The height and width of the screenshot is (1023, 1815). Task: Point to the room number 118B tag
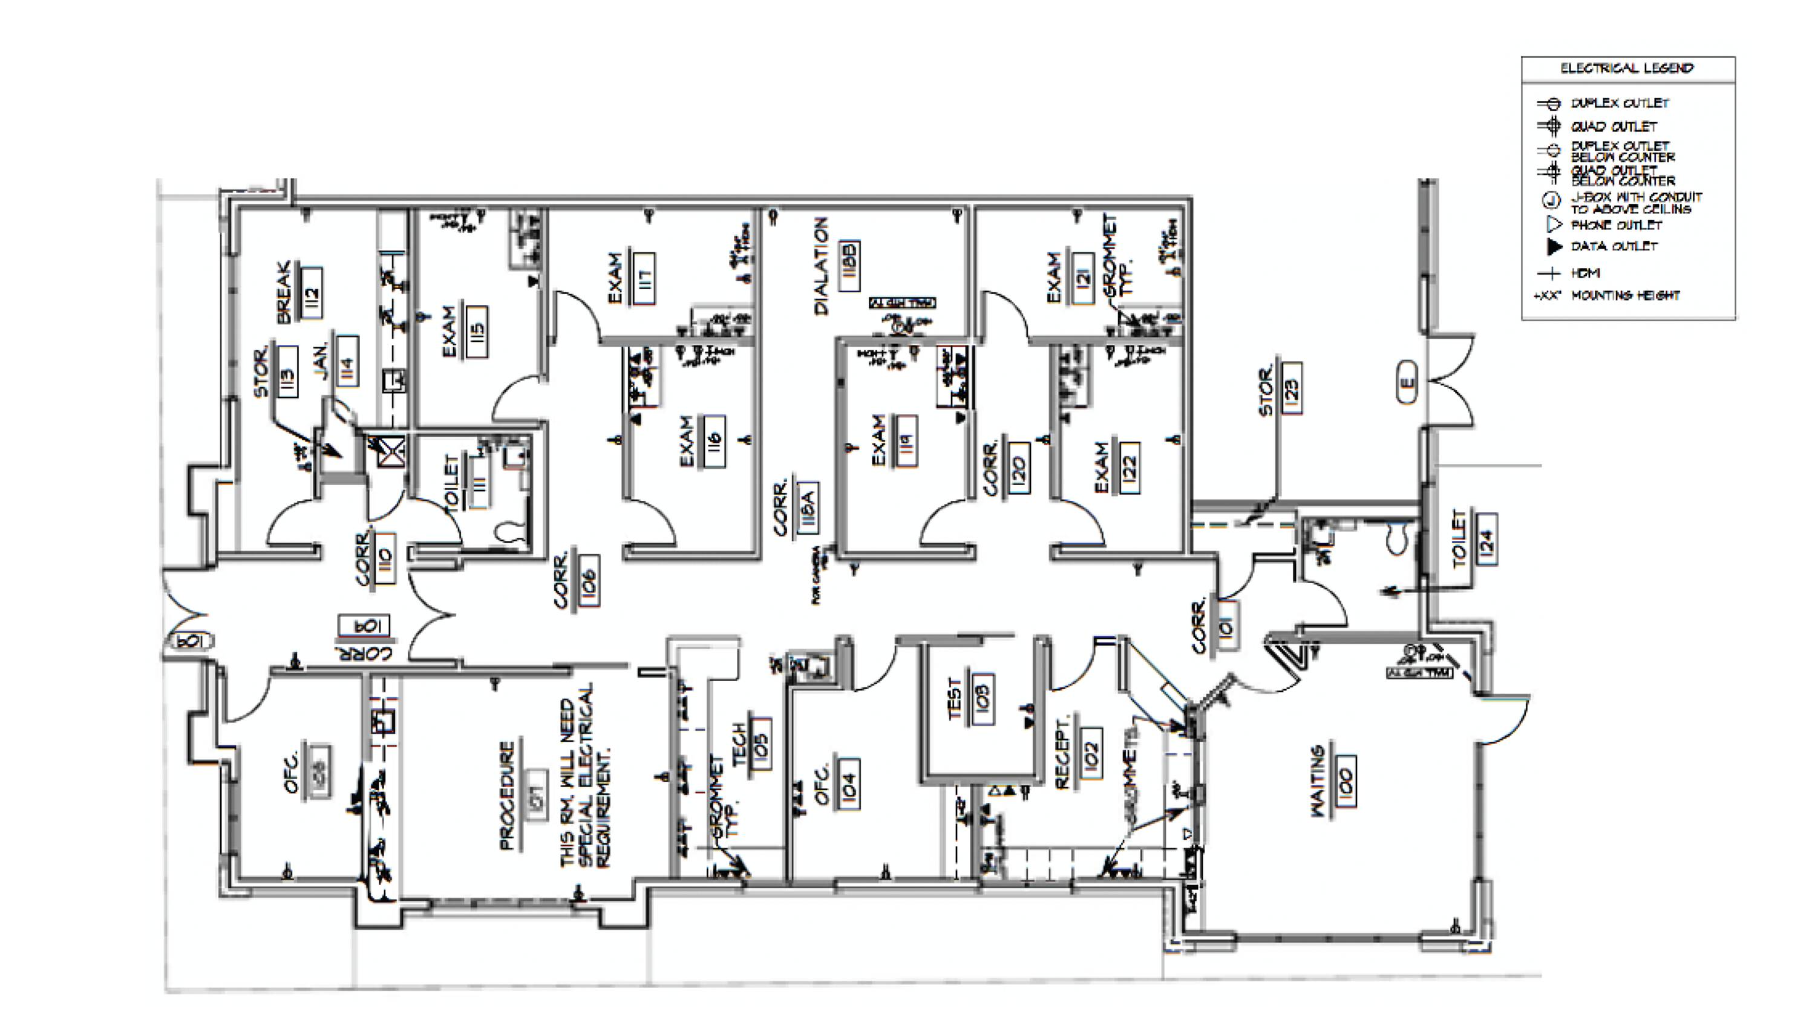(x=850, y=266)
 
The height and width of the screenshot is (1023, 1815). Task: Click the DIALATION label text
(x=822, y=266)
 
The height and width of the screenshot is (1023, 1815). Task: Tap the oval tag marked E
(x=1407, y=382)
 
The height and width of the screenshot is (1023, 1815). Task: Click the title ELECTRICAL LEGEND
(x=1626, y=68)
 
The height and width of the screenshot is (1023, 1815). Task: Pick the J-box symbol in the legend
(x=1551, y=201)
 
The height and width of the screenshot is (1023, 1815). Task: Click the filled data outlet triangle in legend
(x=1553, y=247)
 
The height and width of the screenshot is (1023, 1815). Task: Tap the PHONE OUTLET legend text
(x=1617, y=226)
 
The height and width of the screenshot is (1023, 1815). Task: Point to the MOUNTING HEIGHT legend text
(x=1626, y=295)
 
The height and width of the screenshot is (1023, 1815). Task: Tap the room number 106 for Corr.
(x=587, y=579)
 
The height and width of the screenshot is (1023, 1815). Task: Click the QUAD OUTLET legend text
(x=1614, y=127)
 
